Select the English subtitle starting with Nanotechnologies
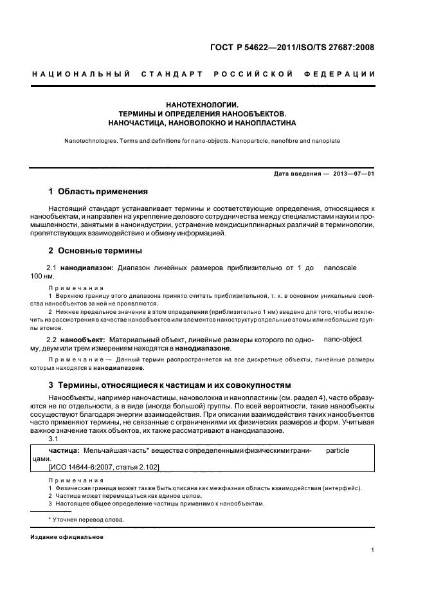pyautogui.click(x=203, y=140)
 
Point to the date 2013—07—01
pyautogui.click(x=355, y=174)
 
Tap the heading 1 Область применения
pyautogui.click(x=99, y=192)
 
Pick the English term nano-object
pyautogui.click(x=343, y=339)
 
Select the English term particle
pyautogui.click(x=338, y=451)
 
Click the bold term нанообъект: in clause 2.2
pyautogui.click(x=84, y=339)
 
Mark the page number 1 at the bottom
pyautogui.click(x=373, y=550)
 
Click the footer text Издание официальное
pyautogui.click(x=67, y=537)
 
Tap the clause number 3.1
pyautogui.click(x=54, y=438)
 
